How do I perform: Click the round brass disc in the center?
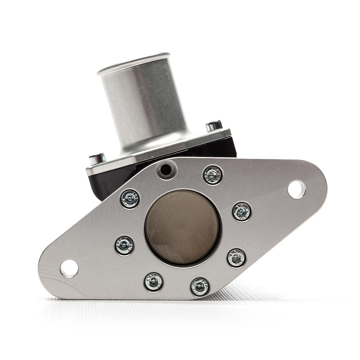(182, 226)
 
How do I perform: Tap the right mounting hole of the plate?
(296, 189)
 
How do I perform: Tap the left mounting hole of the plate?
(69, 268)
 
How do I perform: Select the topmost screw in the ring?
(212, 175)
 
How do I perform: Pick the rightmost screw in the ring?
(242, 211)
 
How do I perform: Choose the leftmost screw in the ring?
(124, 245)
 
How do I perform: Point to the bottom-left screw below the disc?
(153, 282)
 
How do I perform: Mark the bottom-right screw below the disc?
(199, 287)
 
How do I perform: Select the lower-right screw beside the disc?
(236, 257)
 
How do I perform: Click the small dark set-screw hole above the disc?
(166, 170)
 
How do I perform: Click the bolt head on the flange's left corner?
(96, 158)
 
